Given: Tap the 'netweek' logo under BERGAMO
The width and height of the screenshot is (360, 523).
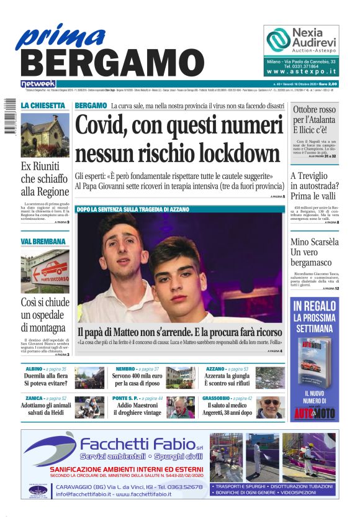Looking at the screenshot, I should pos(38,84).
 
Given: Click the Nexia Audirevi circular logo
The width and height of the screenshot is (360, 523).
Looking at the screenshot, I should pos(277,40).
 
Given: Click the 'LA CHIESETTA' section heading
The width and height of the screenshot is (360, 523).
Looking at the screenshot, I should pos(42,106).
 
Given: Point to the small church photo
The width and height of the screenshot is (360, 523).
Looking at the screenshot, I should pos(45,135).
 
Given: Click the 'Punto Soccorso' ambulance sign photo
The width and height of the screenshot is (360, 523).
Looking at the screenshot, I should pos(45,271).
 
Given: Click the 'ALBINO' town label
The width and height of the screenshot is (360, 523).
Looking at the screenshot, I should pos(30,369).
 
